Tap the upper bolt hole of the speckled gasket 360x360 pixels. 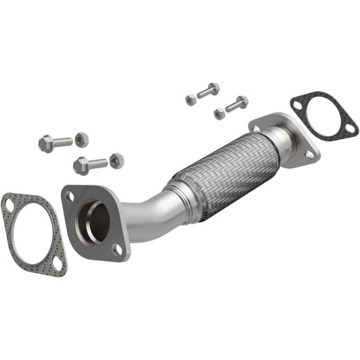9,205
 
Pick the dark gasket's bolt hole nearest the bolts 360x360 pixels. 297,103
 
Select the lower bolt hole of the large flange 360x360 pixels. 117,248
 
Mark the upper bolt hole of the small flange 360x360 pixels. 257,128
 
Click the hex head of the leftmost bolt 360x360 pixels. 45,144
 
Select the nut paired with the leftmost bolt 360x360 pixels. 81,139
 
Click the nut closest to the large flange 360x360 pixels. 116,160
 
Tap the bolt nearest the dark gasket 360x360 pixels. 236,103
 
